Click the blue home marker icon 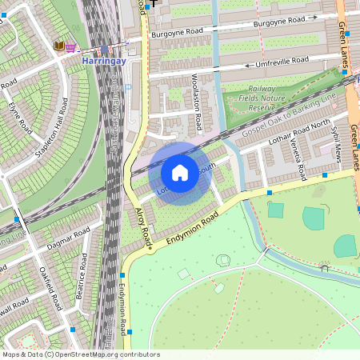(x=180, y=172)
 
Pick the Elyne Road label (x=19, y=115)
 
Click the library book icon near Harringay (x=58, y=46)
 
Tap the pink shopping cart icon (x=70, y=47)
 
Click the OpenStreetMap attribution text (x=81, y=354)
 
